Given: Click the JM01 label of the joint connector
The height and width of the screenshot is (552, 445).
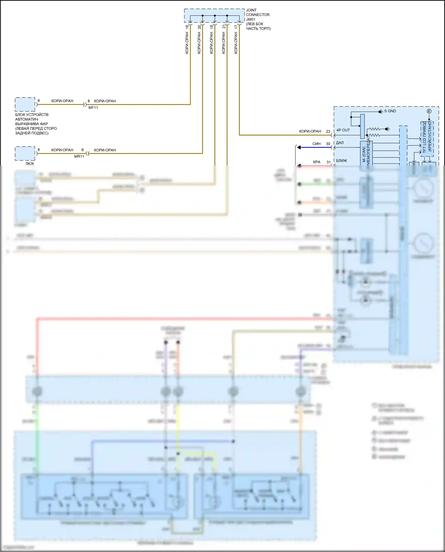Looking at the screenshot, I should point(250,19).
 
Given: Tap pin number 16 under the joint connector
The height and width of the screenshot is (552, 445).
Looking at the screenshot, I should point(187,27).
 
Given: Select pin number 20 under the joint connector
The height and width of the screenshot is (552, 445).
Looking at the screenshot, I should point(199,27).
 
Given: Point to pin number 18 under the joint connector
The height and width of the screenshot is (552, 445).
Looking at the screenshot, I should point(212,27).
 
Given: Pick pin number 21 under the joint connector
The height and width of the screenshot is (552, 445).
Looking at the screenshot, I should point(224,27).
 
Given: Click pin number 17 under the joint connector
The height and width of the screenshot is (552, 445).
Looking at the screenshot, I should point(236,27).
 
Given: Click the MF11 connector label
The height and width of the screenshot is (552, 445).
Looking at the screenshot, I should point(93,108).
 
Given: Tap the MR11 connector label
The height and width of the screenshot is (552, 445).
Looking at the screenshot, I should point(79,156).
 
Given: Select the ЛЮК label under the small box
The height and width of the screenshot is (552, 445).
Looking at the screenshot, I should point(30,163).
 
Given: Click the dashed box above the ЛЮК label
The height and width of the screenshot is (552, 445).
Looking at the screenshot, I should point(25,153).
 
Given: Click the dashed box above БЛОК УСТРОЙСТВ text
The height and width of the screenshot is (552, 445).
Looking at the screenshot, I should point(25,104).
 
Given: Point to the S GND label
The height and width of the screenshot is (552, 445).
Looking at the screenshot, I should point(390,111).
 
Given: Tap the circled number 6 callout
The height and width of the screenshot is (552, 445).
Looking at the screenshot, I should point(429,111).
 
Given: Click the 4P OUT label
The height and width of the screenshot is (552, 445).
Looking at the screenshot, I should point(343,130).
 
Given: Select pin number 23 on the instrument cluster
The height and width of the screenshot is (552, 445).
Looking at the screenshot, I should point(328,131).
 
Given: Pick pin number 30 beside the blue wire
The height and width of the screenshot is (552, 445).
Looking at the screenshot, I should point(328,144).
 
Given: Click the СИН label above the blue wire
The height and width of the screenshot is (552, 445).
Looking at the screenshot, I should point(316,144).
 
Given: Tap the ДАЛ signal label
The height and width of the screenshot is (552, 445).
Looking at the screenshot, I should point(340,143).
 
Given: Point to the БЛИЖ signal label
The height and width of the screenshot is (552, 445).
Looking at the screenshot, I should point(341,160).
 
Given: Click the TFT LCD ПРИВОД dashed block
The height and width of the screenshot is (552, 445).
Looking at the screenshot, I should point(427,139).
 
